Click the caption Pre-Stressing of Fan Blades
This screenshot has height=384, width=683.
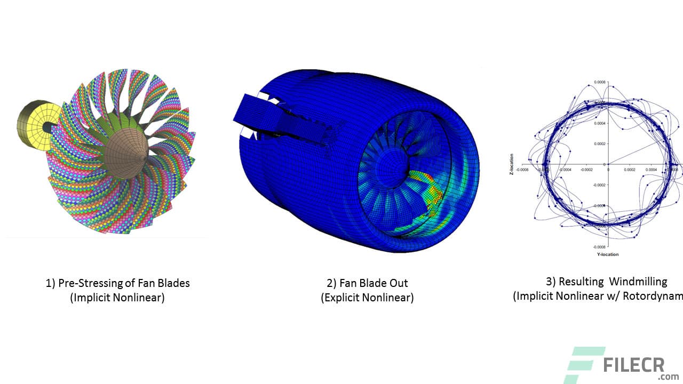117,283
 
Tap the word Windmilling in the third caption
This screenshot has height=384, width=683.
638,282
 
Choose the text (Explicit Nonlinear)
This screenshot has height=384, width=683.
367,298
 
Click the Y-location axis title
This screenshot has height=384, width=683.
607,254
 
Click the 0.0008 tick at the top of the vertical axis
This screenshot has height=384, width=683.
600,83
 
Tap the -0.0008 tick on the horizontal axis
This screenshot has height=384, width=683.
522,170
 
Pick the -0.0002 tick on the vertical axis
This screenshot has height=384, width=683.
599,185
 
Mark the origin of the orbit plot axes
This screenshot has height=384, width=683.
608,164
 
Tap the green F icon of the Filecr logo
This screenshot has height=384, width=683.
584,365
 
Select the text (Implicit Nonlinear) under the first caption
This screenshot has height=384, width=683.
117,298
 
